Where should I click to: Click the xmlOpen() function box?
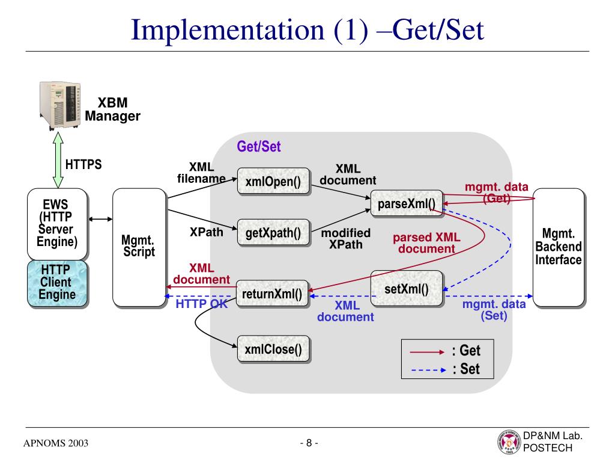click(273, 181)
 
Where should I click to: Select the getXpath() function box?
click(273, 233)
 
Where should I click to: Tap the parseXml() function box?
click(407, 203)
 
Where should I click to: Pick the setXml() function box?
click(407, 288)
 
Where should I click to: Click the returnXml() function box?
click(272, 294)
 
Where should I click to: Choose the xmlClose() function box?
click(273, 349)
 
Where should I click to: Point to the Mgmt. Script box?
click(139, 247)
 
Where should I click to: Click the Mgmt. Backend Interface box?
click(559, 247)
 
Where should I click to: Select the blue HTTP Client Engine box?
click(57, 283)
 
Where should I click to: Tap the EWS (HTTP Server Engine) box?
click(57, 224)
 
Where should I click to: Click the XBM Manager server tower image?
click(60, 105)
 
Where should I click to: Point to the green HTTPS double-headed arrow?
click(58, 159)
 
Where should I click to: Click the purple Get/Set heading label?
click(259, 147)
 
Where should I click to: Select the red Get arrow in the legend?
click(427, 352)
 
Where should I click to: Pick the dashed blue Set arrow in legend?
click(428, 370)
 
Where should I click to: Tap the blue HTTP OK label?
click(202, 304)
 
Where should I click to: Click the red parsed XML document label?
click(427, 243)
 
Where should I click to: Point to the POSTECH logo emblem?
click(509, 442)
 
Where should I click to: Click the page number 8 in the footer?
click(309, 443)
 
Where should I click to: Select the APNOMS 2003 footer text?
click(56, 443)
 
